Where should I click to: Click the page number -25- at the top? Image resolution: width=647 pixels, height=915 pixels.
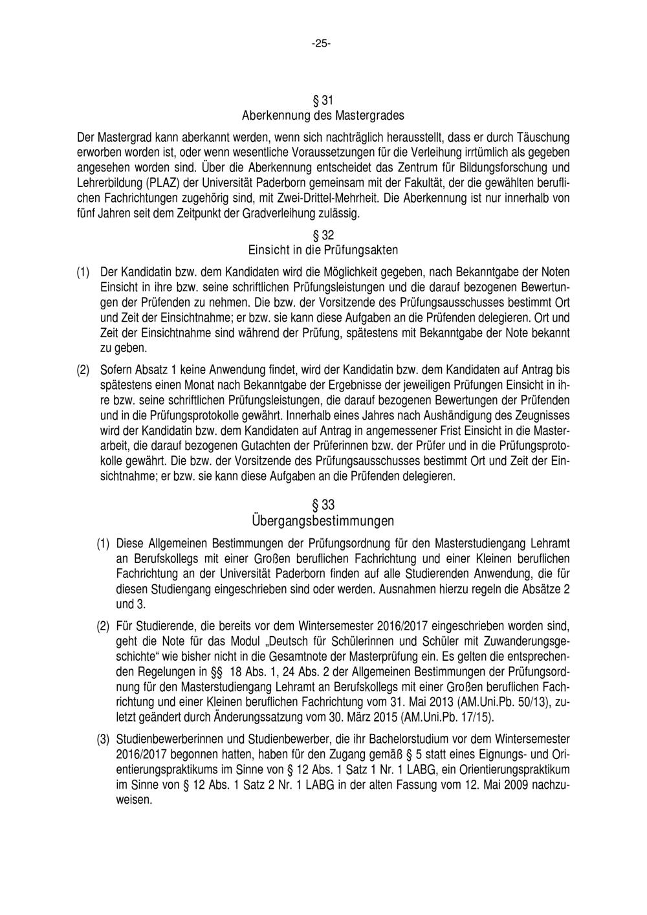pos(321,44)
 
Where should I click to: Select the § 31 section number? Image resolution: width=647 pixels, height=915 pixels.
pos(323,101)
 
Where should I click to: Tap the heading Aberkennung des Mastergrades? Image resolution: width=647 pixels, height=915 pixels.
pos(323,116)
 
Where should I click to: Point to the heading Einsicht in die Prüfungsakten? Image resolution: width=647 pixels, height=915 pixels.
pos(323,249)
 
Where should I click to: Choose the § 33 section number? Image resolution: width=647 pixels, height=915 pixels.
pos(323,505)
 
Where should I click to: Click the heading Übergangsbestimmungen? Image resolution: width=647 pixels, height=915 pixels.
pos(323,520)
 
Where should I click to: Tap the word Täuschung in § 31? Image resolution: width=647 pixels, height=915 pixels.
pos(544,137)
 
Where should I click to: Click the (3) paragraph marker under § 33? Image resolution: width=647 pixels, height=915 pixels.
pos(104,739)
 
